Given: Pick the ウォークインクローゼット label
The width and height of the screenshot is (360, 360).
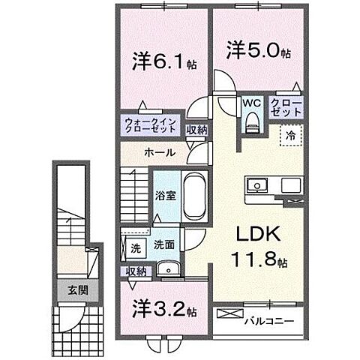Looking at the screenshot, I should click(150, 124).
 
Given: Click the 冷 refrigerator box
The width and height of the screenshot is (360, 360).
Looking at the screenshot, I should click(289, 136).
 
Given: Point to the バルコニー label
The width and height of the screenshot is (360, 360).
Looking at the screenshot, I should click(268, 321).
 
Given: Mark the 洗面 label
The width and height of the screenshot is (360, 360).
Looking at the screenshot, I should click(163, 244).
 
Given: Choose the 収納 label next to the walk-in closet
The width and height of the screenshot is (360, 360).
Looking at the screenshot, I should click(196, 129).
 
